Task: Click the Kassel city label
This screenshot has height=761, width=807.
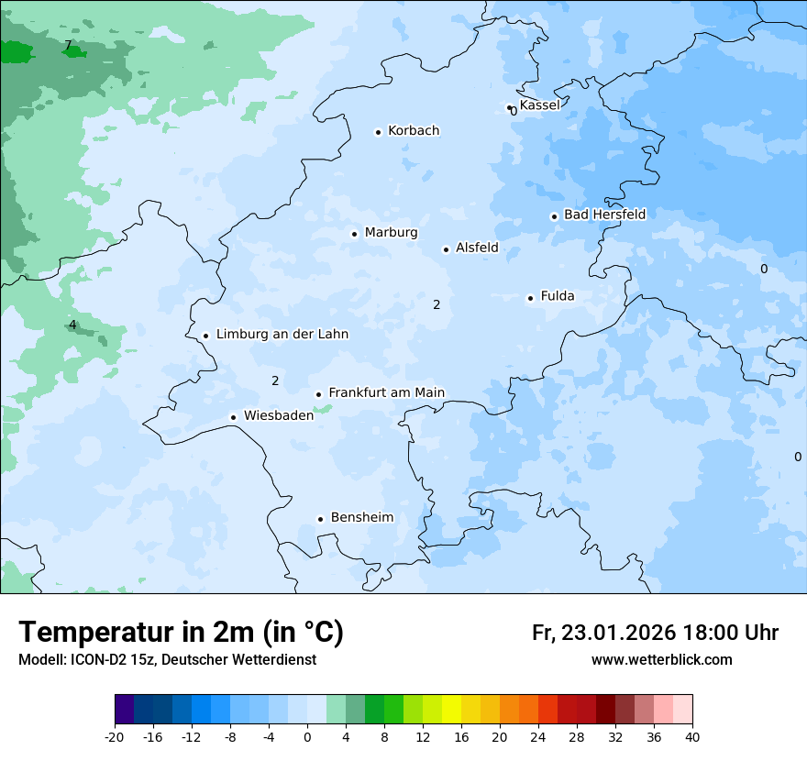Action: point(539,105)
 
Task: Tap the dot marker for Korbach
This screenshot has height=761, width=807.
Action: point(378,132)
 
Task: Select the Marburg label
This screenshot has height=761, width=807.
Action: point(391,233)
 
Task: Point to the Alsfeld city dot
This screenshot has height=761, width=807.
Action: point(446,249)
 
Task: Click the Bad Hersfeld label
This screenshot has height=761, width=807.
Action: point(604,215)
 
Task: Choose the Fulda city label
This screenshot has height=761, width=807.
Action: point(558,296)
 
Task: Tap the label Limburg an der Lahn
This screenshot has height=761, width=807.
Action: point(282,335)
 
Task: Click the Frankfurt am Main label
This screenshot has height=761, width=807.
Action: point(386,392)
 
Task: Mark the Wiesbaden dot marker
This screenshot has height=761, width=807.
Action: point(233,417)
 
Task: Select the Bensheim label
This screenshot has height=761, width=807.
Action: point(361,517)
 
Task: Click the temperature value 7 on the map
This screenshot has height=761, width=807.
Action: point(68,45)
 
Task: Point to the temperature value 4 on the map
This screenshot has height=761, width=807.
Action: point(72,325)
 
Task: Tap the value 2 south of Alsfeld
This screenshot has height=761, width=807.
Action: point(437,304)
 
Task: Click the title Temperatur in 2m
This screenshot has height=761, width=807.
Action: point(181,633)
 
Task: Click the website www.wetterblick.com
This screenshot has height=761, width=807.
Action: point(661,660)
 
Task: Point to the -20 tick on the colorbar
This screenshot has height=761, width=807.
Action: point(115,736)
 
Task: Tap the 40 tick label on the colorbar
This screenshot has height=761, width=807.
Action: point(692,736)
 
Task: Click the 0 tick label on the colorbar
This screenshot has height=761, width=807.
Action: point(307,736)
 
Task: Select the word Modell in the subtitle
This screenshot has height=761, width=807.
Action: point(38,660)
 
